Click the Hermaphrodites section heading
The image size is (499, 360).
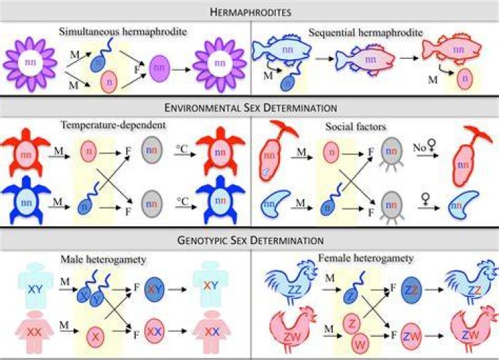[250, 12]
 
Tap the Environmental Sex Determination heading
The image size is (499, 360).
[250, 108]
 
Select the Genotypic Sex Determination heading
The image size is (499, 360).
[250, 239]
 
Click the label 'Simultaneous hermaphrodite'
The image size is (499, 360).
[123, 32]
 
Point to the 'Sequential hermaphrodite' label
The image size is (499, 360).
[366, 33]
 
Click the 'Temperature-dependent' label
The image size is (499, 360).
[113, 125]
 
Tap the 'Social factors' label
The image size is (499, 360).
[356, 127]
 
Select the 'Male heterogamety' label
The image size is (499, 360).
[103, 259]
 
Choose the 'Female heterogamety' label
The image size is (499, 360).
[366, 258]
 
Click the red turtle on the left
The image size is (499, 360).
[26, 153]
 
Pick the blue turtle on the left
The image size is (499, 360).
[26, 200]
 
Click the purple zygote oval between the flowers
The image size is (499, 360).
[159, 68]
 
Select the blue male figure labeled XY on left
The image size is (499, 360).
[35, 286]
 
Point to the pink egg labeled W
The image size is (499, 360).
[360, 344]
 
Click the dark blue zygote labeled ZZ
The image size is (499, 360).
[412, 290]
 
